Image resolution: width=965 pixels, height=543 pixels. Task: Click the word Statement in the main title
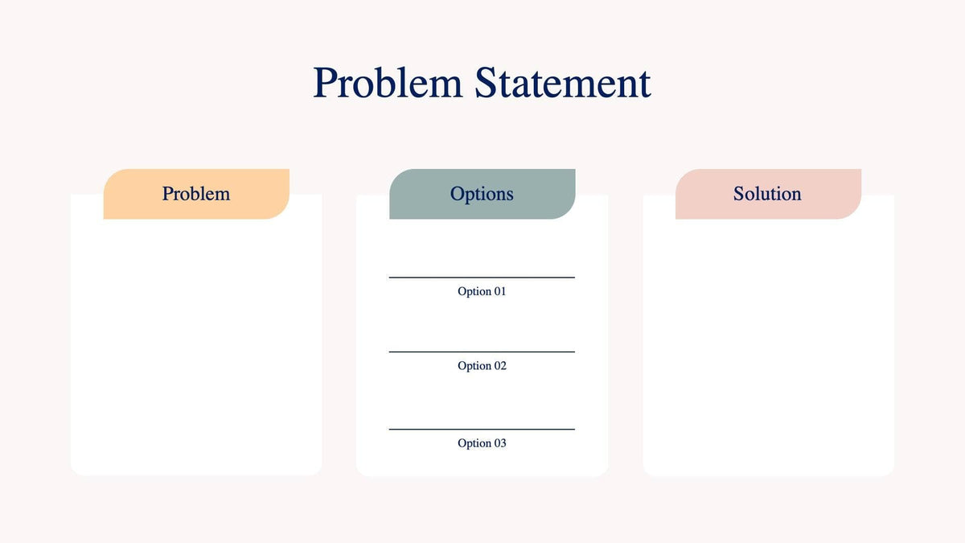point(562,83)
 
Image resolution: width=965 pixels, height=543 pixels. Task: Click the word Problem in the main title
point(388,83)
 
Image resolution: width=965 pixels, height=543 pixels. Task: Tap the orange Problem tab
point(196,194)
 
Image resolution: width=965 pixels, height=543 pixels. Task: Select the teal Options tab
point(482,194)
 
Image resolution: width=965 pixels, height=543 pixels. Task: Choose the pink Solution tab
point(767,194)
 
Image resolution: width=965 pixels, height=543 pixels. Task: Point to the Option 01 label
point(482,291)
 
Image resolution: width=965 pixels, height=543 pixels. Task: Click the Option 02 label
point(482,366)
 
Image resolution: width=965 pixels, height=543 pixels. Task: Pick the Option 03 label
point(482,443)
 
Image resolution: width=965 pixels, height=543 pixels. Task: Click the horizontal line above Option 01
point(482,278)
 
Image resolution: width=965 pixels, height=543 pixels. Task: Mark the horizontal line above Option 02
point(482,352)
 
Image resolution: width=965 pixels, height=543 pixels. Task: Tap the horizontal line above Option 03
point(482,430)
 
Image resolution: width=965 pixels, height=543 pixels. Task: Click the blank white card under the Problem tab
point(196,346)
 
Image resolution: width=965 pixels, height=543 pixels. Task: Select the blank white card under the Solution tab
point(768,346)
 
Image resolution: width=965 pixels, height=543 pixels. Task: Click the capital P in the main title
point(325,83)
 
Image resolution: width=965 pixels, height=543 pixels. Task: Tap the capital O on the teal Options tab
point(458,194)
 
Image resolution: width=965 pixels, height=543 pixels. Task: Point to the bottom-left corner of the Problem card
point(76,471)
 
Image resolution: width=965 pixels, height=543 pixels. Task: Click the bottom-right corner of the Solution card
point(889,471)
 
